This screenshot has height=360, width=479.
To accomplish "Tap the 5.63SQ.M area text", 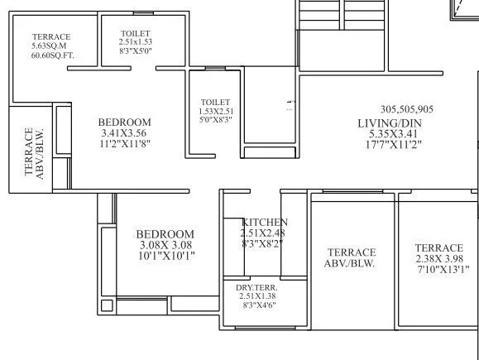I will point(51,46).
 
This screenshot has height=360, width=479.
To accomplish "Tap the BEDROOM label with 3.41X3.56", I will point(125,122).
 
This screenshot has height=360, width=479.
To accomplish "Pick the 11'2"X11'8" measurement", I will point(125,143).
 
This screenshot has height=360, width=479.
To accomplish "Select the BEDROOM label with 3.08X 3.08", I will point(165,234).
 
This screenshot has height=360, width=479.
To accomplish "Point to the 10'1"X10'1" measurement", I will point(165,256).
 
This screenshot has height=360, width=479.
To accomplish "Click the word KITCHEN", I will point(265,223).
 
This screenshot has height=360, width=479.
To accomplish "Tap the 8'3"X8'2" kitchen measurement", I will point(265,244).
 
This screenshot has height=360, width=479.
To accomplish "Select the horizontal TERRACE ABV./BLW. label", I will point(351,258).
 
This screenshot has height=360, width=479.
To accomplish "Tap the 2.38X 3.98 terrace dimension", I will point(438,258).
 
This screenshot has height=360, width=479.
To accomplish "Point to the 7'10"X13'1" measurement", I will point(438,269).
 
